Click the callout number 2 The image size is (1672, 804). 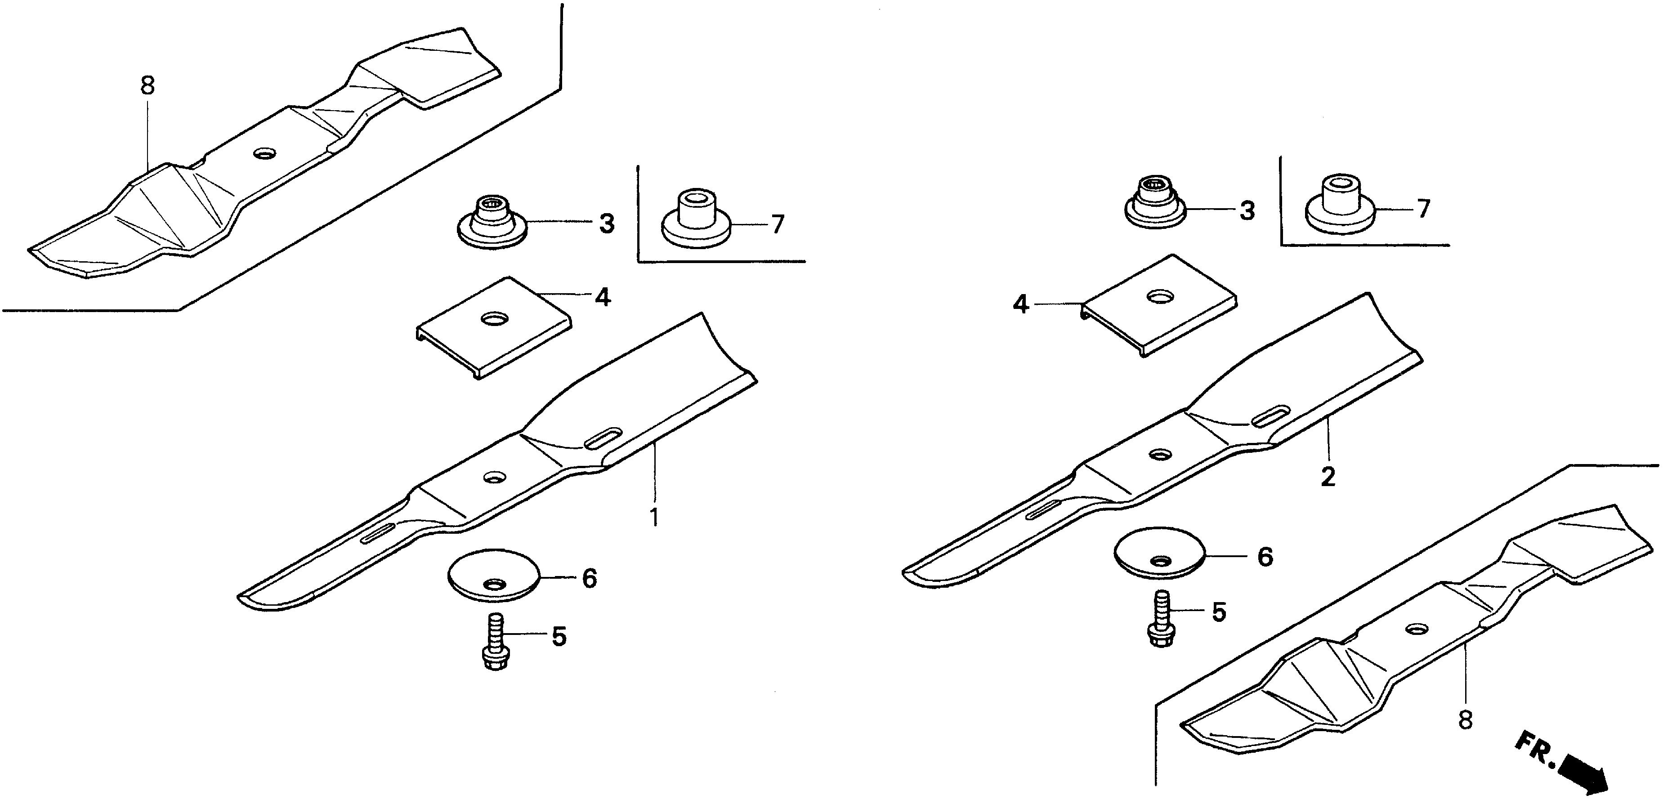coord(1328,477)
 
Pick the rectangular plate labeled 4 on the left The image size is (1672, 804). coord(493,328)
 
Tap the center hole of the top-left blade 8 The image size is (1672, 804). coord(265,154)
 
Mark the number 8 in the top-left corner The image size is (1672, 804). coord(148,85)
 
